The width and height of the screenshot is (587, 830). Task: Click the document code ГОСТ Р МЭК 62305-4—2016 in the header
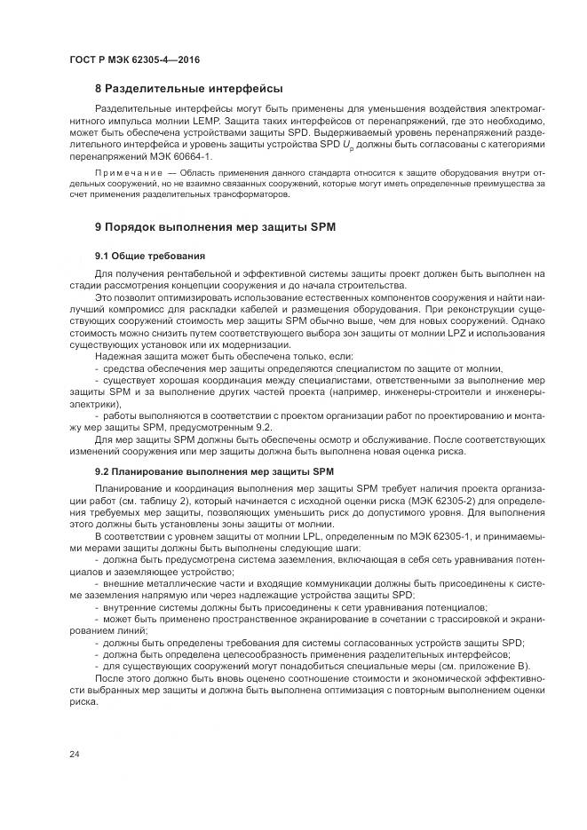pos(133,59)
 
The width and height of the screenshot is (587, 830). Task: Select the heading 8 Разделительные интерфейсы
pos(188,89)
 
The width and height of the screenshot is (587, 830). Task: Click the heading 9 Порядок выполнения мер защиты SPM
pos(214,227)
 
